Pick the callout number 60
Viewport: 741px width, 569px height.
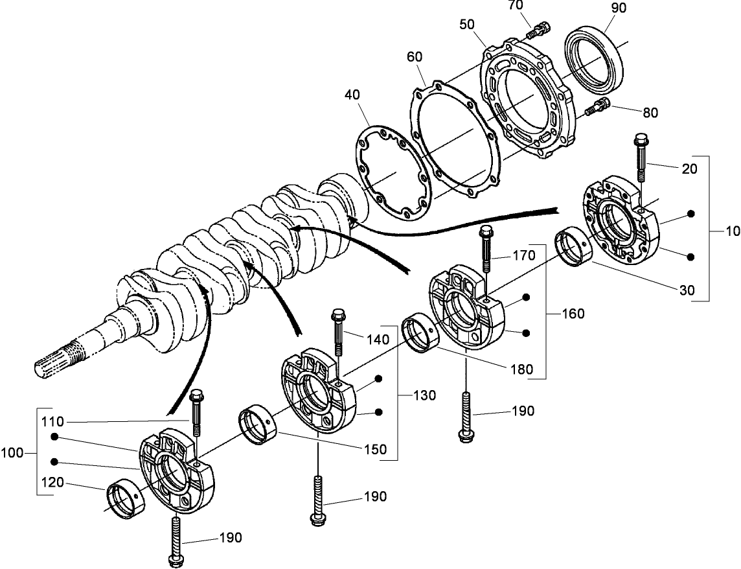415,57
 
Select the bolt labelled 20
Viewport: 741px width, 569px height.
641,158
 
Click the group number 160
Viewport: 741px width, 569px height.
572,314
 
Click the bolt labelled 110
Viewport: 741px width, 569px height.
196,413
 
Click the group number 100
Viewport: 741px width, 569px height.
14,453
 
